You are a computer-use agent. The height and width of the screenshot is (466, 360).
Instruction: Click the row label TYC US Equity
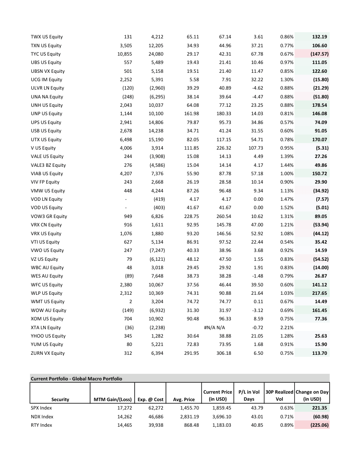(46, 54)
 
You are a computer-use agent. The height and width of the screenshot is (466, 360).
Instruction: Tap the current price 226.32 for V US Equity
(224, 148)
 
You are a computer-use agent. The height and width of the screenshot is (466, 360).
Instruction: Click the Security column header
(60, 399)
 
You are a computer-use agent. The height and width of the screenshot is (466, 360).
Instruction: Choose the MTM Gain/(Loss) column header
(112, 399)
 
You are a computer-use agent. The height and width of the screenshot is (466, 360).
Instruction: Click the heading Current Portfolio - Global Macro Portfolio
(76, 378)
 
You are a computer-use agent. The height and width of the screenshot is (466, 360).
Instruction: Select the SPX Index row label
(40, 408)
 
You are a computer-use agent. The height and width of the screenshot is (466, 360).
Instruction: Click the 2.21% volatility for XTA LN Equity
(287, 327)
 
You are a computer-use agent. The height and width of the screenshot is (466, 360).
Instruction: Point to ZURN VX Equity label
(48, 353)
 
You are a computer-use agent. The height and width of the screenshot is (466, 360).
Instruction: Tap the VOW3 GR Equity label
(49, 216)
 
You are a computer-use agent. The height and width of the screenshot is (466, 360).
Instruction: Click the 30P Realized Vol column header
(279, 396)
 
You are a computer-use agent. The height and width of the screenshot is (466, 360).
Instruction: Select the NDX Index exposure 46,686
(154, 417)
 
